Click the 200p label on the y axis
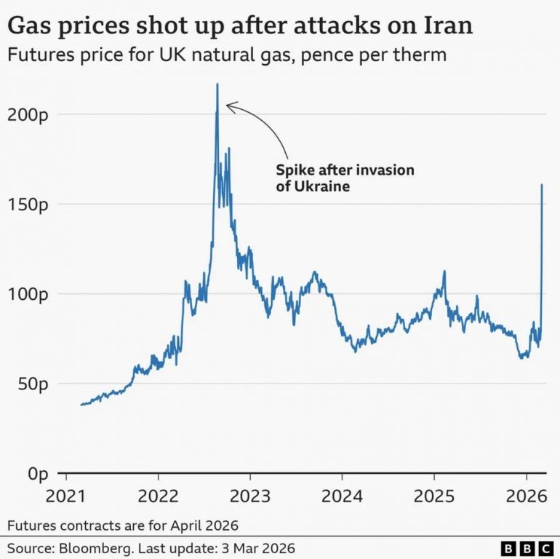coord(28,114)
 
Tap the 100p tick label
coord(28,294)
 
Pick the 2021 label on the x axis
coord(66,497)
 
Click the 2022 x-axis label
coord(158,497)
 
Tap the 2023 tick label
coord(249,497)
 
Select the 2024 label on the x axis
coord(342,497)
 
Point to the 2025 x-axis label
coord(433,497)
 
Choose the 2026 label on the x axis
coord(526,497)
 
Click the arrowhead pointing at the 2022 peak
coord(228,107)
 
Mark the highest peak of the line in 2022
coord(217,84)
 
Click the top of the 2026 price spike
coord(542,185)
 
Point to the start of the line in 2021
coord(81,405)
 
